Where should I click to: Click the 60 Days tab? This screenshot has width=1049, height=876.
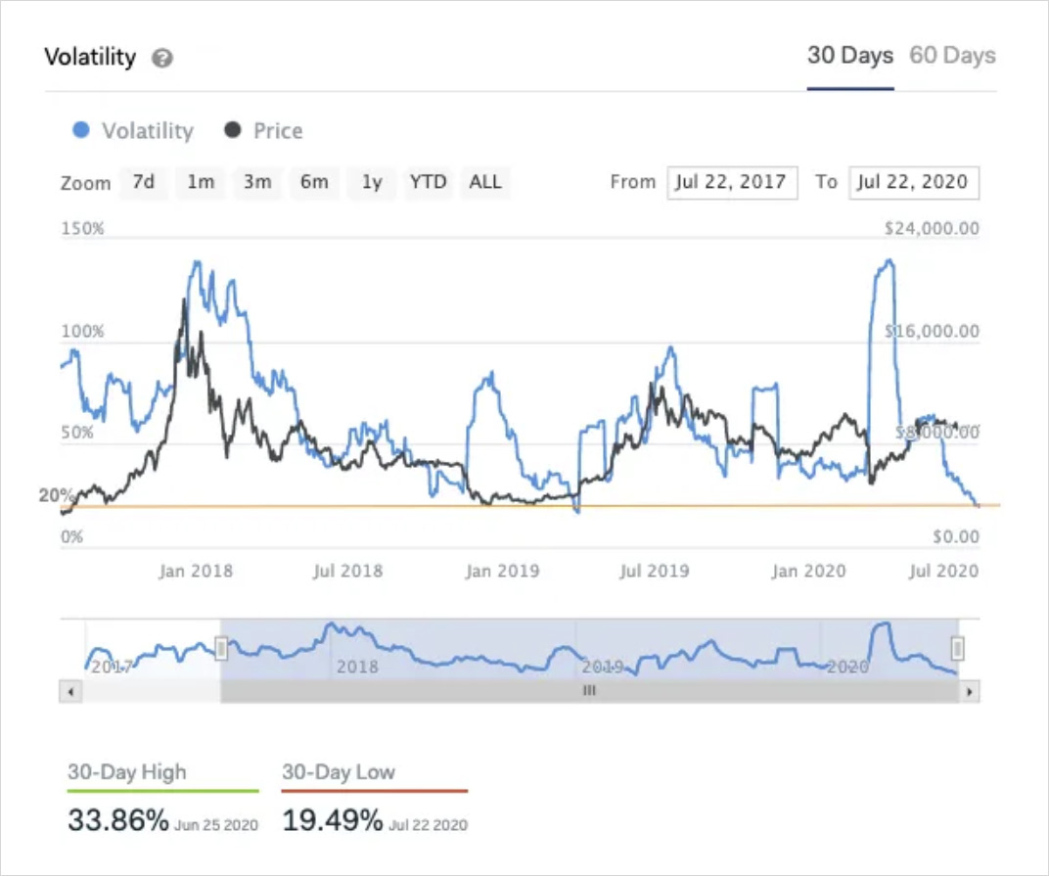point(952,56)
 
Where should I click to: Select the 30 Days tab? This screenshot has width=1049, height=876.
point(849,56)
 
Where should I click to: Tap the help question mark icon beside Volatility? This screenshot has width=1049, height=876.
point(162,59)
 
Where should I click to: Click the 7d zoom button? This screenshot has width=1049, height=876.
point(144,182)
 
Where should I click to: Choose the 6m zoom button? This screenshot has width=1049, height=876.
point(314,182)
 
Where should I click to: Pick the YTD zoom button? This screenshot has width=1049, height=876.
point(428,182)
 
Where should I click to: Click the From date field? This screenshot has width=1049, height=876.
point(732,182)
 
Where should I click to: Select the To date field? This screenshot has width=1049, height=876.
point(914,182)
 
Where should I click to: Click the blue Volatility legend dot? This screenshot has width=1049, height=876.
point(82,130)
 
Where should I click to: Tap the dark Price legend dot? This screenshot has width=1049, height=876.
point(232,130)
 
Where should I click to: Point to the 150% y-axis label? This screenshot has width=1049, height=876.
point(82,229)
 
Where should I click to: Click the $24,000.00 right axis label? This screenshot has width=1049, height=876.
point(930,229)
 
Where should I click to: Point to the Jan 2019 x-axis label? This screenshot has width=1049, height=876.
point(502,571)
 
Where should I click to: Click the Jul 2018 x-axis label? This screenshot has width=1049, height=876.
point(347,571)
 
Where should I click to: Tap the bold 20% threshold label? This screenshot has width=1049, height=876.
point(57,495)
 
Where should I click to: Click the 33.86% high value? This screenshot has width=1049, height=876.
point(118,820)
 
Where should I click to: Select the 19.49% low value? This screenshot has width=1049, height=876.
point(332,820)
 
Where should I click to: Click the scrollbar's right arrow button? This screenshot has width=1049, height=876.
point(969,691)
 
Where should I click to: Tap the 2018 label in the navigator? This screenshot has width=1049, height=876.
point(356,668)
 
